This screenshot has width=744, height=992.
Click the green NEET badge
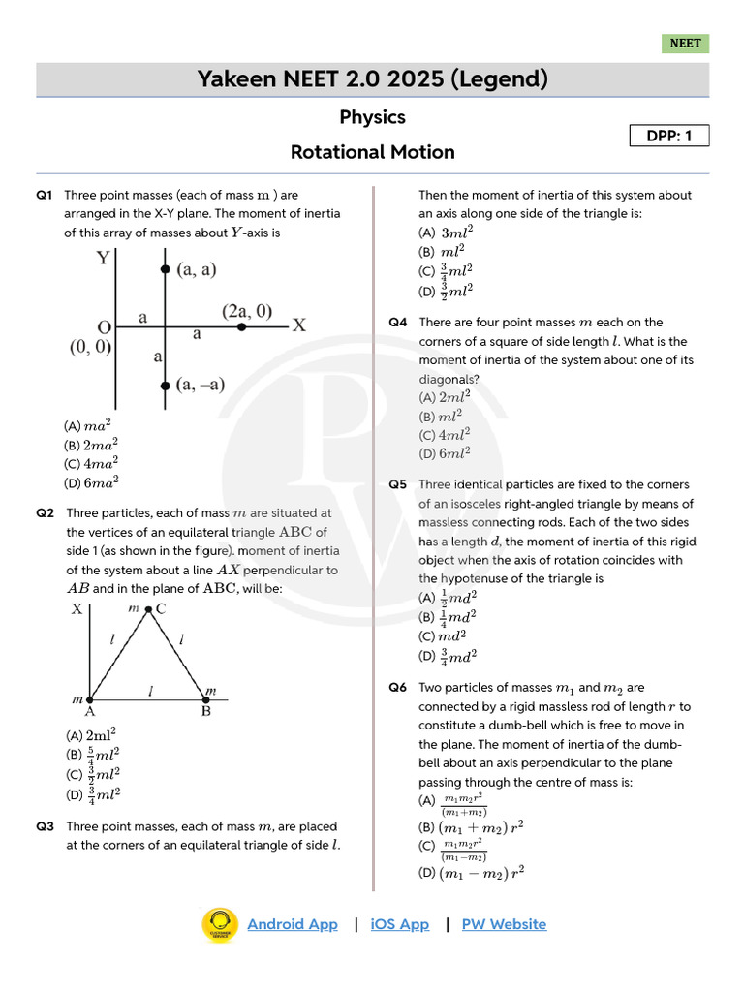[x=685, y=44]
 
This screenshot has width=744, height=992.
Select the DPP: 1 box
[x=669, y=136]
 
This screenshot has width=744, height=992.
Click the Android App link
[x=293, y=924]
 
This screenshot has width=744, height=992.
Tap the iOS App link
[x=399, y=924]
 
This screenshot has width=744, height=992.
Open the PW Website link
[x=504, y=924]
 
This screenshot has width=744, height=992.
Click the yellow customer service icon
[x=220, y=925]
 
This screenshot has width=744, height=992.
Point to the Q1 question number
[x=45, y=195]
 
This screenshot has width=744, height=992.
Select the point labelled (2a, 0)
[x=242, y=327]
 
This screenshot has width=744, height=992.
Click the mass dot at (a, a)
[x=166, y=269]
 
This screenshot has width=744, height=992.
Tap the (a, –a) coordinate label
[x=201, y=385]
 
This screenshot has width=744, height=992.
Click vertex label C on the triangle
[x=161, y=608]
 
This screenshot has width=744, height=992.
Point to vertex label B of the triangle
[x=205, y=711]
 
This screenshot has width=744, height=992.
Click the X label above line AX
[x=77, y=609]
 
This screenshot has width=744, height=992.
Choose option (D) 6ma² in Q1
[x=92, y=482]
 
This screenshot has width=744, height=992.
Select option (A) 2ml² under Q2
[x=92, y=734]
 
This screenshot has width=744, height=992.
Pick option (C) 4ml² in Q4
[x=445, y=434]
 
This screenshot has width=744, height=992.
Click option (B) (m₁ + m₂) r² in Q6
[x=471, y=827]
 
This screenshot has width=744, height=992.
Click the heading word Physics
[x=372, y=117]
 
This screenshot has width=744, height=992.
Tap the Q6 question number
[x=398, y=688]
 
